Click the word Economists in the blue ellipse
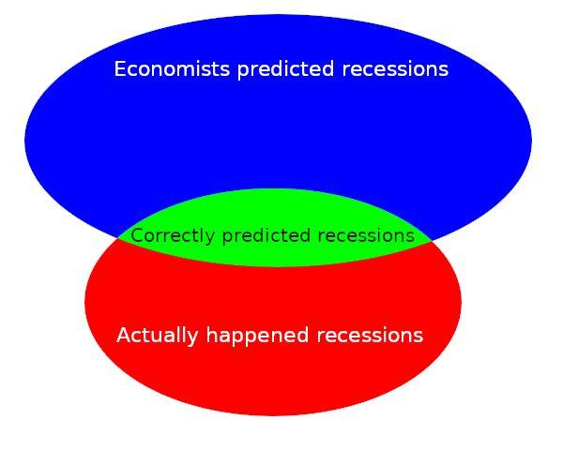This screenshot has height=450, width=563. tap(172, 68)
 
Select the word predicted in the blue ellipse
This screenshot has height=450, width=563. tap(286, 70)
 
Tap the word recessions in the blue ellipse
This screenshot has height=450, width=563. tap(395, 69)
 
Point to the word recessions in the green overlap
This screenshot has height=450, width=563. tap(366, 236)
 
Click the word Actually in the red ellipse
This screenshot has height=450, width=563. tap(158, 337)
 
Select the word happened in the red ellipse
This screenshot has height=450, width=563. tap(257, 337)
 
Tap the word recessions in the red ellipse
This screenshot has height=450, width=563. tap(370, 336)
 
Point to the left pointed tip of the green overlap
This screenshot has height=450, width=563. tap(118, 238)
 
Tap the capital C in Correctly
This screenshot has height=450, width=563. tap(137, 236)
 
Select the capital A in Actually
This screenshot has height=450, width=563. tap(124, 336)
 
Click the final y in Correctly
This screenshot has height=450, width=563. tap(210, 239)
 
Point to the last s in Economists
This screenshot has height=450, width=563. tap(225, 71)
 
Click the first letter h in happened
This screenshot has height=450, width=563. tap(211, 335)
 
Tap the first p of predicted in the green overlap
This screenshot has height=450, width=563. tap(227, 239)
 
